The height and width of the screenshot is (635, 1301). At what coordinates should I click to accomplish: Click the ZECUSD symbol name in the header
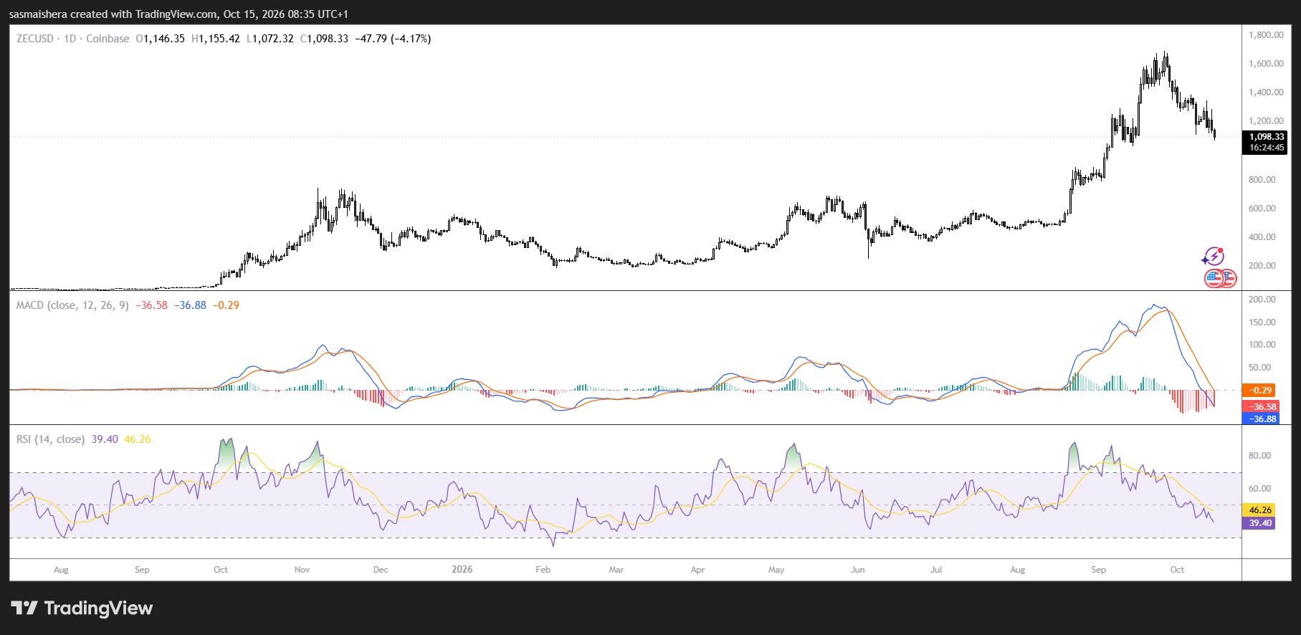pos(35,39)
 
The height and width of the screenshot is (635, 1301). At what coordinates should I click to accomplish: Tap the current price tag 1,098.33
pos(1267,137)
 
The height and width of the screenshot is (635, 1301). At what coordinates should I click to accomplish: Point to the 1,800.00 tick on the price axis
pos(1266,35)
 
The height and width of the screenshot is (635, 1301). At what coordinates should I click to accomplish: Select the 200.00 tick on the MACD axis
pos(1262,300)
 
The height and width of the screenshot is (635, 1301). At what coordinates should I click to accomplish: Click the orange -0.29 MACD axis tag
pos(1260,391)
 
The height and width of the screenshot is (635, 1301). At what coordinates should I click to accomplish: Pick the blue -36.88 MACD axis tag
pos(1260,419)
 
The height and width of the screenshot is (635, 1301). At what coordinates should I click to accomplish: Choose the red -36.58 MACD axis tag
pos(1260,407)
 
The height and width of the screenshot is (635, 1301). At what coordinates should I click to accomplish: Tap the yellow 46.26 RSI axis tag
pos(1260,510)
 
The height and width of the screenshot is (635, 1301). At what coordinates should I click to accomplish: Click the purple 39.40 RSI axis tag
pos(1260,523)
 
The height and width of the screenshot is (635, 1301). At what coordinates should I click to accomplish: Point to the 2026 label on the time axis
pos(462,570)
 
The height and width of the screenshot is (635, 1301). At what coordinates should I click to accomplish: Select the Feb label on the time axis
pos(543,570)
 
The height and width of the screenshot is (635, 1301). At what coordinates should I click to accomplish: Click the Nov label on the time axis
pos(302,570)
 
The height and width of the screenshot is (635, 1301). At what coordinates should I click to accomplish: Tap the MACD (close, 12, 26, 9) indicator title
pos(73,305)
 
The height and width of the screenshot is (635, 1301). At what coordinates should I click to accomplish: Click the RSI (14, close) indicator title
pos(51,439)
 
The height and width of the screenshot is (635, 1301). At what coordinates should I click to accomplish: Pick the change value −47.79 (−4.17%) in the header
pos(393,39)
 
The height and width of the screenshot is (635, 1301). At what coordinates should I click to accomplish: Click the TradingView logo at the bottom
pos(82,608)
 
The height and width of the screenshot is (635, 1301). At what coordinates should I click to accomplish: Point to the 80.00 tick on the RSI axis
pos(1259,456)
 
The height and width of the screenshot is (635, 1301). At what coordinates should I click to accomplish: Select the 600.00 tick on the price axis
pos(1262,209)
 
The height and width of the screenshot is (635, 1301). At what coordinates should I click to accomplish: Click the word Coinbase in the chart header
pos(108,39)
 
